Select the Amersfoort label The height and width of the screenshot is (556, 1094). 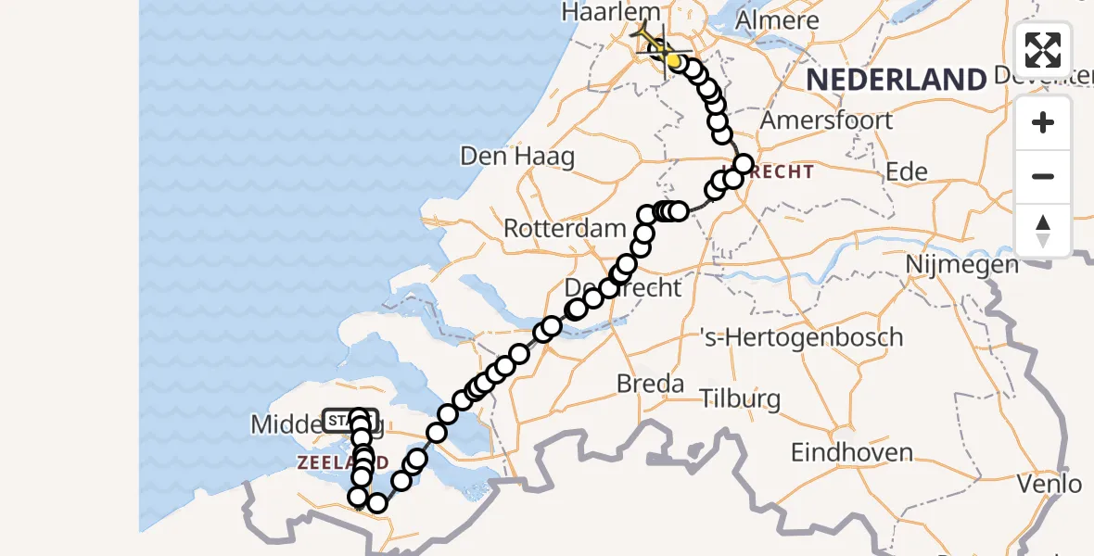pyautogui.click(x=826, y=120)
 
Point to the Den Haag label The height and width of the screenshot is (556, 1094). pyautogui.click(x=517, y=156)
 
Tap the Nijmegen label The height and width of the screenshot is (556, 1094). pyautogui.click(x=962, y=265)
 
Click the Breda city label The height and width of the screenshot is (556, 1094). pyautogui.click(x=651, y=383)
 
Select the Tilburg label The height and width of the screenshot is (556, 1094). pyautogui.click(x=740, y=399)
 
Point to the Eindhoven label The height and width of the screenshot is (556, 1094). pyautogui.click(x=851, y=453)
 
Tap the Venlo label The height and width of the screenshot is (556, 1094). pyautogui.click(x=1049, y=483)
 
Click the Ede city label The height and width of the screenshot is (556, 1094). pyautogui.click(x=907, y=171)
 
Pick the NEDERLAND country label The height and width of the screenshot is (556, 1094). pyautogui.click(x=896, y=80)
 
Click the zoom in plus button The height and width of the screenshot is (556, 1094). pyautogui.click(x=1043, y=123)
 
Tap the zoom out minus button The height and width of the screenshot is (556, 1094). pyautogui.click(x=1043, y=177)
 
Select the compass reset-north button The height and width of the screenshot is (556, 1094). pyautogui.click(x=1043, y=231)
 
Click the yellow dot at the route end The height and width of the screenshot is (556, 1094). pyautogui.click(x=674, y=60)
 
